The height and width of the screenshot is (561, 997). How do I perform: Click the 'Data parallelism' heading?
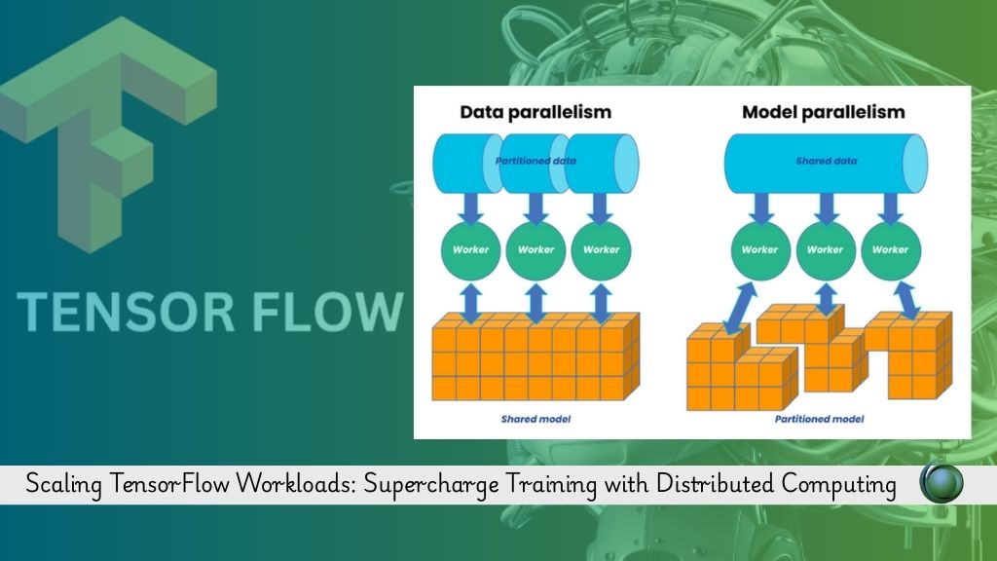click(535, 112)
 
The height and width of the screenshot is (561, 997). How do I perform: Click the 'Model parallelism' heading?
click(824, 112)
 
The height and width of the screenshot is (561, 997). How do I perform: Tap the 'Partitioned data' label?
click(535, 161)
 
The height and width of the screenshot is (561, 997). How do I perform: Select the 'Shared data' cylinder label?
click(827, 161)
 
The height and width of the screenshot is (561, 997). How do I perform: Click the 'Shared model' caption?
click(536, 419)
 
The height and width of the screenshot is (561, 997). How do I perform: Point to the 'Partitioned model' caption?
click(820, 419)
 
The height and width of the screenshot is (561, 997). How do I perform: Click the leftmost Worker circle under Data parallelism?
click(470, 250)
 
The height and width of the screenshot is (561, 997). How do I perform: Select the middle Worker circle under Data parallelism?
click(536, 250)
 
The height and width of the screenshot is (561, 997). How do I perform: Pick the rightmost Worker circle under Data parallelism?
click(601, 250)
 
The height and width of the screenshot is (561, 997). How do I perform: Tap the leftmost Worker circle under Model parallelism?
click(760, 250)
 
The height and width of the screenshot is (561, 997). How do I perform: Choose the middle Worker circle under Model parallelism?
click(826, 250)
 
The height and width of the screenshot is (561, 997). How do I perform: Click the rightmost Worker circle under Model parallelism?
click(891, 250)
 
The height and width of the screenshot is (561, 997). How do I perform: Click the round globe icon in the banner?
click(942, 483)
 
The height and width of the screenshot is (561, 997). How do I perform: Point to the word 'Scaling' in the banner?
click(63, 485)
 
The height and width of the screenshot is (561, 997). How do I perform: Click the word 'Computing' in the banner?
click(838, 485)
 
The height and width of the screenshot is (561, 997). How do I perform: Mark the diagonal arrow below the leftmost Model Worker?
click(741, 309)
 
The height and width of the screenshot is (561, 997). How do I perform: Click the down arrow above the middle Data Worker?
click(536, 208)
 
